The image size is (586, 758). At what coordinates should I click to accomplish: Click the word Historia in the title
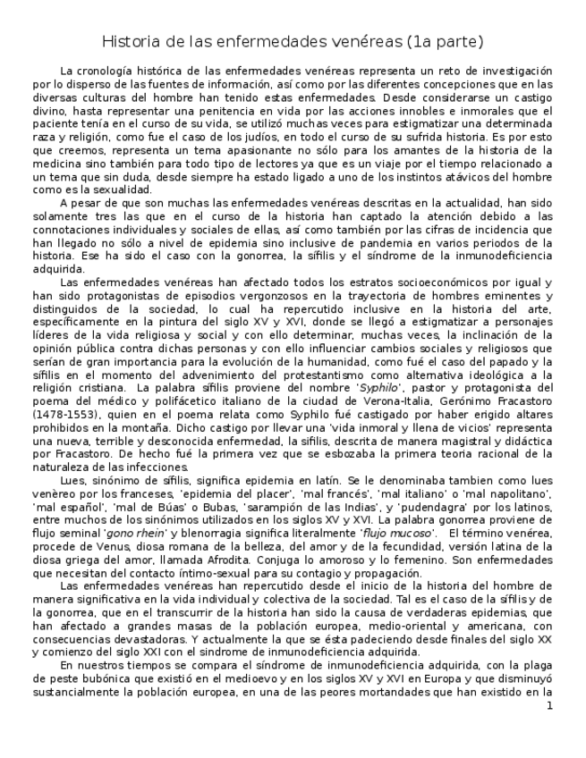130,42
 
